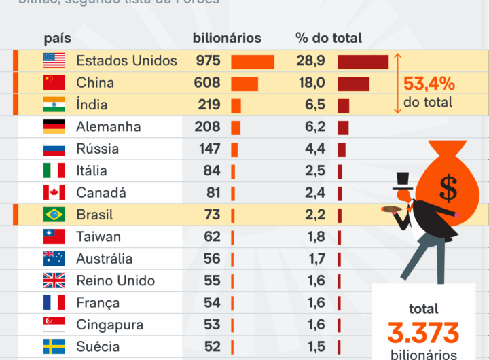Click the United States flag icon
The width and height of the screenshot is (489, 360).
[54, 60]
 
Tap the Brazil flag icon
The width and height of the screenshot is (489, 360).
[54, 215]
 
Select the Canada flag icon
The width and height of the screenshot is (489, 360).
[54, 193]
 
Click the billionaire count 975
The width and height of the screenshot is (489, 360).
[208, 60]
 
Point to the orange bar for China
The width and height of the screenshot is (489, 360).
[244, 84]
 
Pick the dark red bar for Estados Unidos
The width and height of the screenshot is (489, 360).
[363, 62]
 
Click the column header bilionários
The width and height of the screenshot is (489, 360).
[227, 38]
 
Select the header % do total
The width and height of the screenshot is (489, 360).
[329, 38]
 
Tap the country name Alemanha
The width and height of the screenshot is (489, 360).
[109, 126]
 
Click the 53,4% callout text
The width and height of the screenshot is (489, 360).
[429, 84]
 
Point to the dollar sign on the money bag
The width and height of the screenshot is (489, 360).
[448, 188]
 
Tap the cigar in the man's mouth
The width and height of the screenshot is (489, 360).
[390, 209]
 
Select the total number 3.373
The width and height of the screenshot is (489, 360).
[423, 333]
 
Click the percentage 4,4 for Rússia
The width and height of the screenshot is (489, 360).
[314, 149]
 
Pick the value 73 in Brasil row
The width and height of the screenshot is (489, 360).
[212, 215]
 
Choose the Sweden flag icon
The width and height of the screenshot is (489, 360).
[54, 346]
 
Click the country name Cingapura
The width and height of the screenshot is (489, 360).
[110, 325]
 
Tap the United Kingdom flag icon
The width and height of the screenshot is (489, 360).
[54, 281]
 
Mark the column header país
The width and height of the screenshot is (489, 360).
[58, 38]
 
